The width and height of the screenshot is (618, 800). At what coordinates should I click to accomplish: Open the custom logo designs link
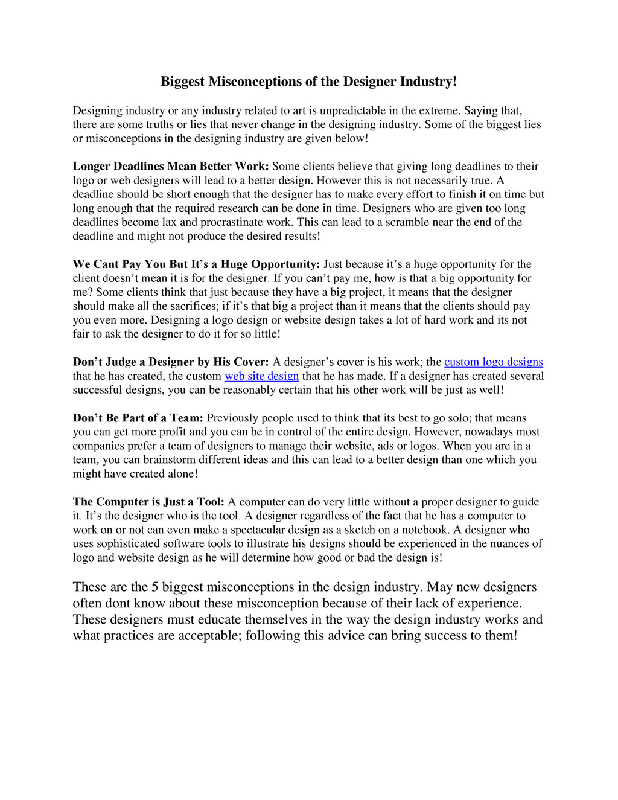pos(494,362)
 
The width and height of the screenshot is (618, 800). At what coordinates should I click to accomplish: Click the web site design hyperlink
pos(261,376)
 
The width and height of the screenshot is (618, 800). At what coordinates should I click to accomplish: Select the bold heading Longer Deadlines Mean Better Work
pos(171,167)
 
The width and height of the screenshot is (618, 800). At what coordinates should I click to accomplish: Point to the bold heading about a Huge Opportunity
pos(196,264)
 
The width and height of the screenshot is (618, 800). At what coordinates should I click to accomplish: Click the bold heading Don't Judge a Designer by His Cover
pos(171,362)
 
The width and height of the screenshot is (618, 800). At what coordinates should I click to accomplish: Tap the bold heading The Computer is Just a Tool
pos(148,502)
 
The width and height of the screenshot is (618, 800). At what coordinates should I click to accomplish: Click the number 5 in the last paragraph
pos(155,587)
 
